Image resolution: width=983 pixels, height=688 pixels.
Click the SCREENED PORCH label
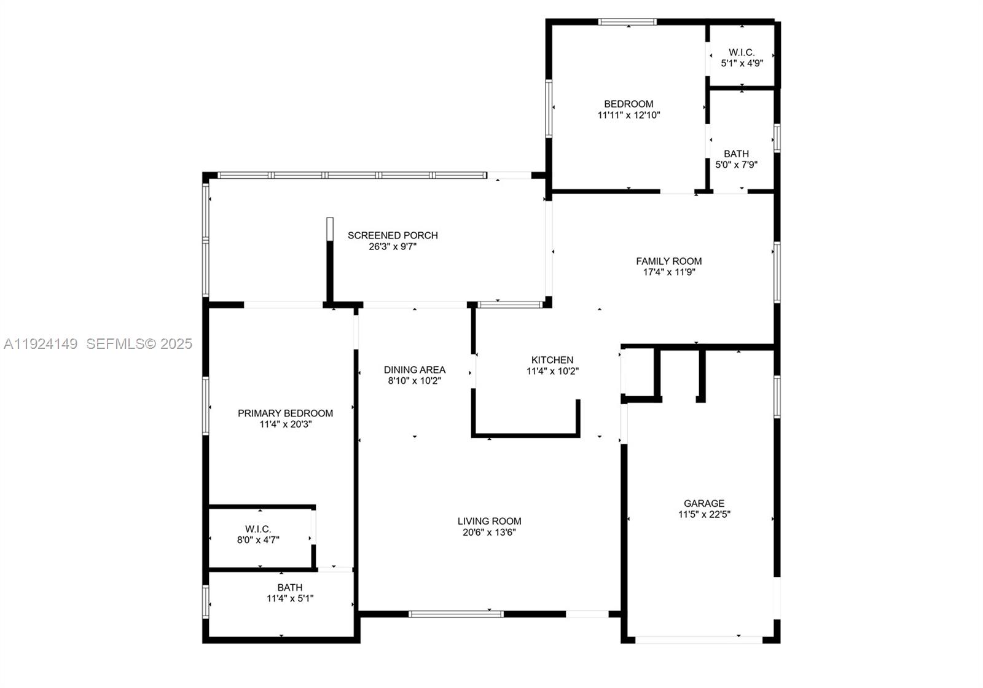coord(393,235)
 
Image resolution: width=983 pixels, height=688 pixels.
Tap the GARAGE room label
coord(704,503)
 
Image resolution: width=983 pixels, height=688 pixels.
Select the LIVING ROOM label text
coord(489,521)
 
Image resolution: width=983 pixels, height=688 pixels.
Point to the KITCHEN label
coord(552,360)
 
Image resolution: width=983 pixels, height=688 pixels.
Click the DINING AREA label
coord(415,370)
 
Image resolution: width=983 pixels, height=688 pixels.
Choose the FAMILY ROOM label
coord(668,261)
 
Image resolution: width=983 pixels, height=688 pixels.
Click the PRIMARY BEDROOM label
coord(286,413)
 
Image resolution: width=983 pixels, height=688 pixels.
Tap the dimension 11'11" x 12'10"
coord(629,115)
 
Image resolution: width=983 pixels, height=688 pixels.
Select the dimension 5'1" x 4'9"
coord(742,63)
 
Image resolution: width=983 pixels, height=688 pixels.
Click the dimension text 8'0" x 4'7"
coord(258,540)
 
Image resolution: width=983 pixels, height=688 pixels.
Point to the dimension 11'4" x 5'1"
coord(290,598)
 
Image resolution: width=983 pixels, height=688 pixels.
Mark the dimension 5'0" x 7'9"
coord(736,165)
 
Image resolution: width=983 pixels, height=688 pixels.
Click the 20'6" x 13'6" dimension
coord(489,532)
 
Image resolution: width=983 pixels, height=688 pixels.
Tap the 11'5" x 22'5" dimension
coord(704,514)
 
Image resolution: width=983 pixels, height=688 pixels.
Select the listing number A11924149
coord(41,344)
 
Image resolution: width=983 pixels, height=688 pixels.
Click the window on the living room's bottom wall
coord(456,614)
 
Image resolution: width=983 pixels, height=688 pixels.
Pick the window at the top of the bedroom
coord(627,22)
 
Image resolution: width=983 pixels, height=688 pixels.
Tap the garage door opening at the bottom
coord(699,639)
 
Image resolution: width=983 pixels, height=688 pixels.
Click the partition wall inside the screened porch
coord(330,261)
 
